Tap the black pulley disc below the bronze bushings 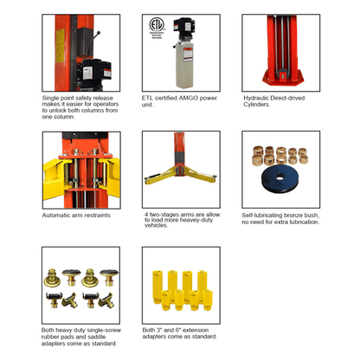[x=280, y=177]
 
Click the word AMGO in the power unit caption [x=188, y=98]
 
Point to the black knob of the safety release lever [x=99, y=33]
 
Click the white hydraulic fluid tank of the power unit [x=184, y=66]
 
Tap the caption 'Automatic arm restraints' [x=76, y=215]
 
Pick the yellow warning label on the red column [x=60, y=45]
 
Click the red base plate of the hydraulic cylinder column [x=282, y=77]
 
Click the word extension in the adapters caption [x=196, y=330]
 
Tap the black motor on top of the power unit [x=183, y=29]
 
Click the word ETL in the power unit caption [x=147, y=98]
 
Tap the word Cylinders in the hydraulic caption [x=257, y=105]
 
